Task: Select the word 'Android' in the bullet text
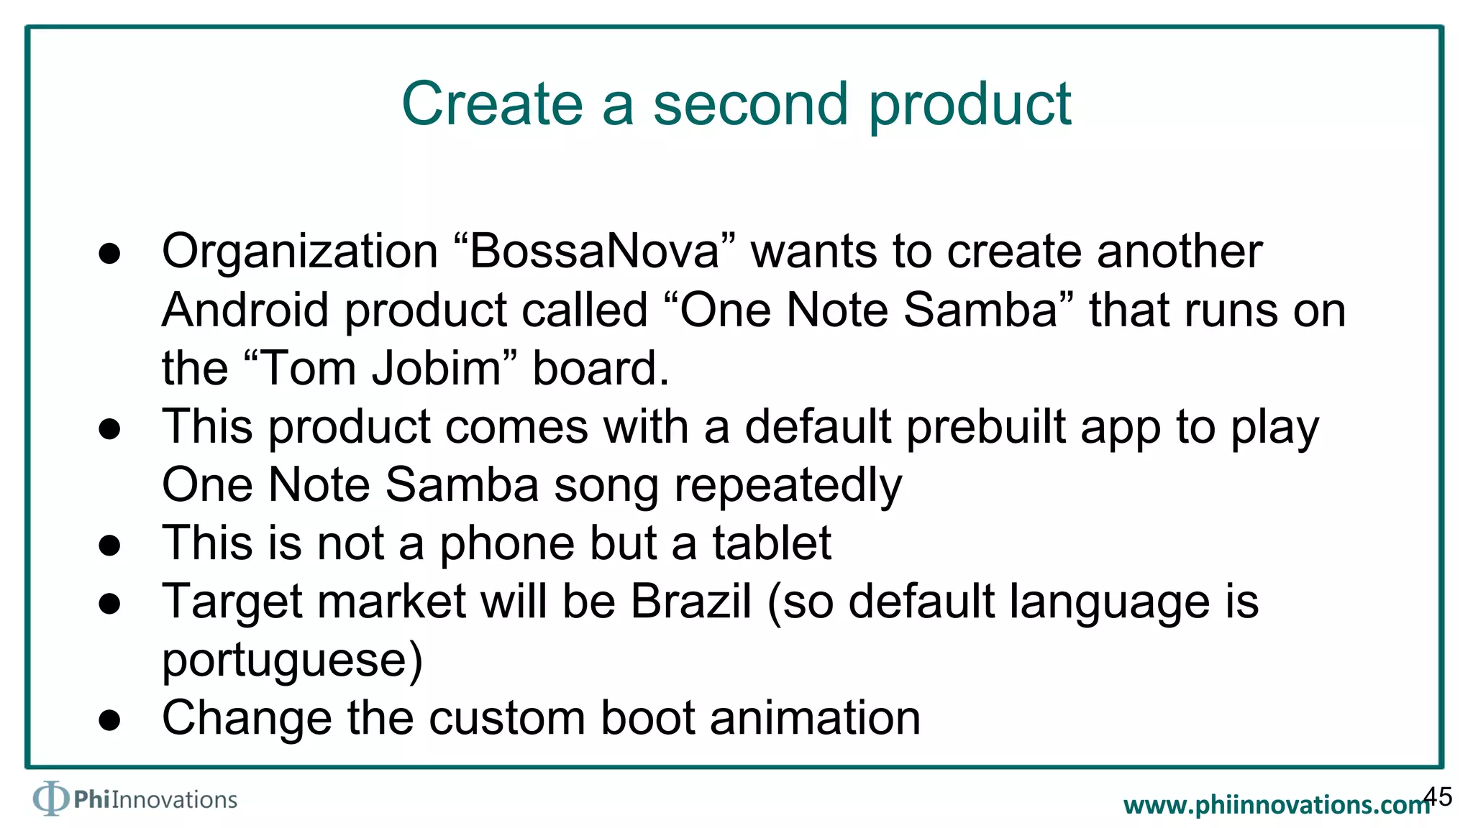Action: tap(245, 310)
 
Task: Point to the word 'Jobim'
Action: tap(436, 368)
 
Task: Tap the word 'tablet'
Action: tap(772, 543)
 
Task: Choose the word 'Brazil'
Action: tap(691, 602)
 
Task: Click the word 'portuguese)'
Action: tap(292, 661)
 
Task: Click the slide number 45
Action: tap(1438, 796)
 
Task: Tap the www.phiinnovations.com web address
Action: tap(1276, 805)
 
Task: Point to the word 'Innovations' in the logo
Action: tap(174, 800)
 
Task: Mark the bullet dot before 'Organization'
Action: tap(109, 254)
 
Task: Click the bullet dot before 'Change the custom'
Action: tap(109, 720)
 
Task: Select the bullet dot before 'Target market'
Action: tap(109, 604)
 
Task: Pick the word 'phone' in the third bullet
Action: tap(507, 543)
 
